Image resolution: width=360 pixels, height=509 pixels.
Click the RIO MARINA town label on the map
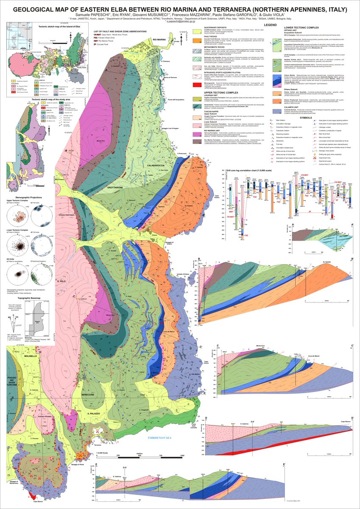tap(158, 39)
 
